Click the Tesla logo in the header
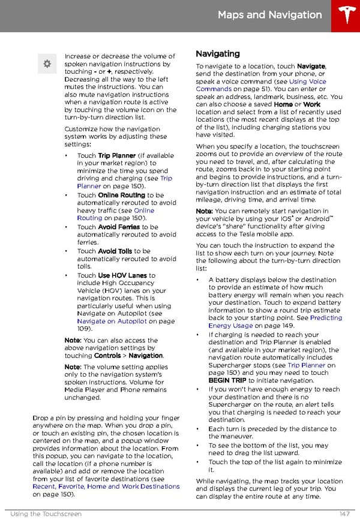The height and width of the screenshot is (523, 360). point(346,16)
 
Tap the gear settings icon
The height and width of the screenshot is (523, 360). point(46,64)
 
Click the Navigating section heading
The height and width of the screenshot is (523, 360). point(218,54)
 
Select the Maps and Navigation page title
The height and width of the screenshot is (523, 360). point(270,15)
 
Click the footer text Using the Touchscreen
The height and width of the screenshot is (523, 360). point(46,513)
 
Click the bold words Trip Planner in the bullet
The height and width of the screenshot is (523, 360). point(117,156)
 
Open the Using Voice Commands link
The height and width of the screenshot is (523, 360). point(307,82)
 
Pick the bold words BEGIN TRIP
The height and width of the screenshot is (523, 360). point(227,380)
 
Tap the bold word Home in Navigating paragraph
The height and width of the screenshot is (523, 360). point(283,104)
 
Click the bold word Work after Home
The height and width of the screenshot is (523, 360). point(312,104)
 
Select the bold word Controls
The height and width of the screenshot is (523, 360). point(108,356)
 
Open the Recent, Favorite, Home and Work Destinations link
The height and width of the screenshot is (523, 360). point(106,486)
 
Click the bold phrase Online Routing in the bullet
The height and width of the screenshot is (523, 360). point(122,196)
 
